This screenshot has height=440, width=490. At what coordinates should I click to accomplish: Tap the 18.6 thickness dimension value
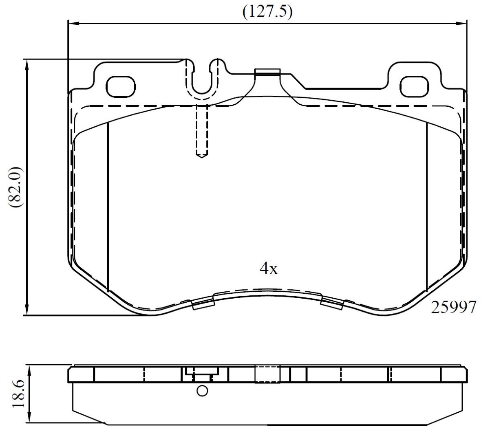click(x=18, y=394)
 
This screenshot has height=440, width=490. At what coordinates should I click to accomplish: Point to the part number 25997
click(x=453, y=307)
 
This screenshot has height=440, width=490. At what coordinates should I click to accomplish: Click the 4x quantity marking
click(x=269, y=268)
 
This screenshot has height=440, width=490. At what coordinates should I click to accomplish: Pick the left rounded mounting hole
click(x=121, y=87)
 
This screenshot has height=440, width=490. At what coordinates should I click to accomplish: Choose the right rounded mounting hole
click(x=414, y=87)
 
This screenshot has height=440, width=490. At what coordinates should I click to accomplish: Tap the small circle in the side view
click(x=202, y=391)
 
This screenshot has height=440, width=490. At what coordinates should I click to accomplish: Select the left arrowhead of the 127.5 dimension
click(x=74, y=24)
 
